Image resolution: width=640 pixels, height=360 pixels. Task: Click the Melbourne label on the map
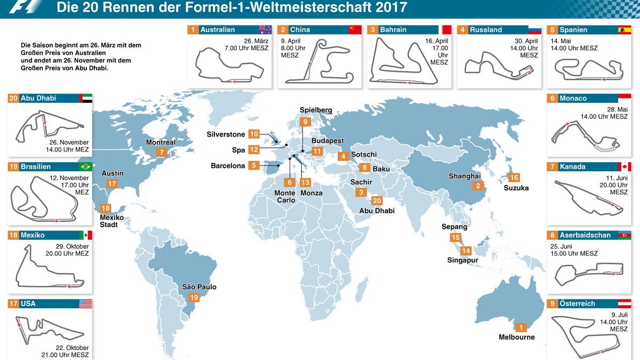(516, 337)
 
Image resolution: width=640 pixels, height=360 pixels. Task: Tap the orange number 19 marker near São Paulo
(194, 298)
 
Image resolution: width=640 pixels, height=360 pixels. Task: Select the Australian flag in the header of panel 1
(265, 30)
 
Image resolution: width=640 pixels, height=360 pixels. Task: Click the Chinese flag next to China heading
(355, 30)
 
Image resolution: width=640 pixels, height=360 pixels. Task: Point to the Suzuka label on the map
(516, 188)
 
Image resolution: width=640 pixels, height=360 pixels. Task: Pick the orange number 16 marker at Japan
(514, 178)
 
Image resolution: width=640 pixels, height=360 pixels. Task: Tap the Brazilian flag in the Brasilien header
(85, 167)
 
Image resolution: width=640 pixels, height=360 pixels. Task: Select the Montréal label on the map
(161, 142)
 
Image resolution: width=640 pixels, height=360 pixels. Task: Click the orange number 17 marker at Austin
(111, 183)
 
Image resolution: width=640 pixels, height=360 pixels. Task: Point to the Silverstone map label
(226, 134)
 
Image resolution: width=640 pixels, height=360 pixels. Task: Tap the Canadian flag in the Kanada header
(625, 167)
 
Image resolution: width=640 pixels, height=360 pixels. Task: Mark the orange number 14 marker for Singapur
(466, 251)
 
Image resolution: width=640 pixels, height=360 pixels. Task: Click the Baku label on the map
(381, 169)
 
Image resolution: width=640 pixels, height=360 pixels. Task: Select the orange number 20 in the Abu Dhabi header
(14, 98)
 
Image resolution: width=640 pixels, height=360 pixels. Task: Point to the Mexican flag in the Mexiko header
(85, 235)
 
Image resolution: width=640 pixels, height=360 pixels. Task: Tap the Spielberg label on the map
(316, 110)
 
